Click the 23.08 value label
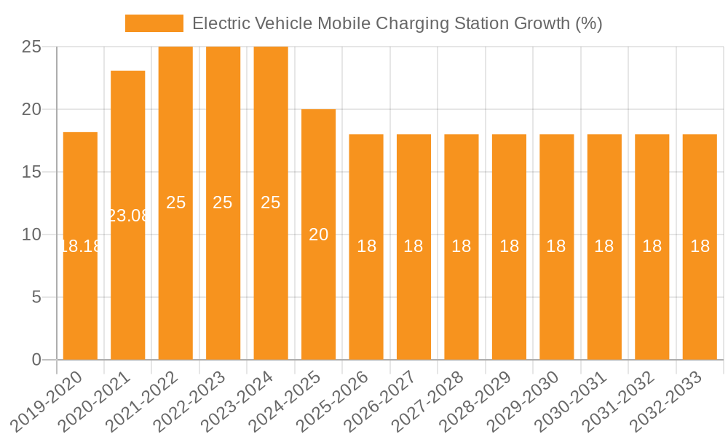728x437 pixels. (128, 216)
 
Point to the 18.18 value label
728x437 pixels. (80, 246)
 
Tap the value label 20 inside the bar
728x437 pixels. (318, 235)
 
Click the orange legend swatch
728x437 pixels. (154, 23)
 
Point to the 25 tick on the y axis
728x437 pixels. (31, 47)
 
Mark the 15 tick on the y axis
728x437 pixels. (31, 172)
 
